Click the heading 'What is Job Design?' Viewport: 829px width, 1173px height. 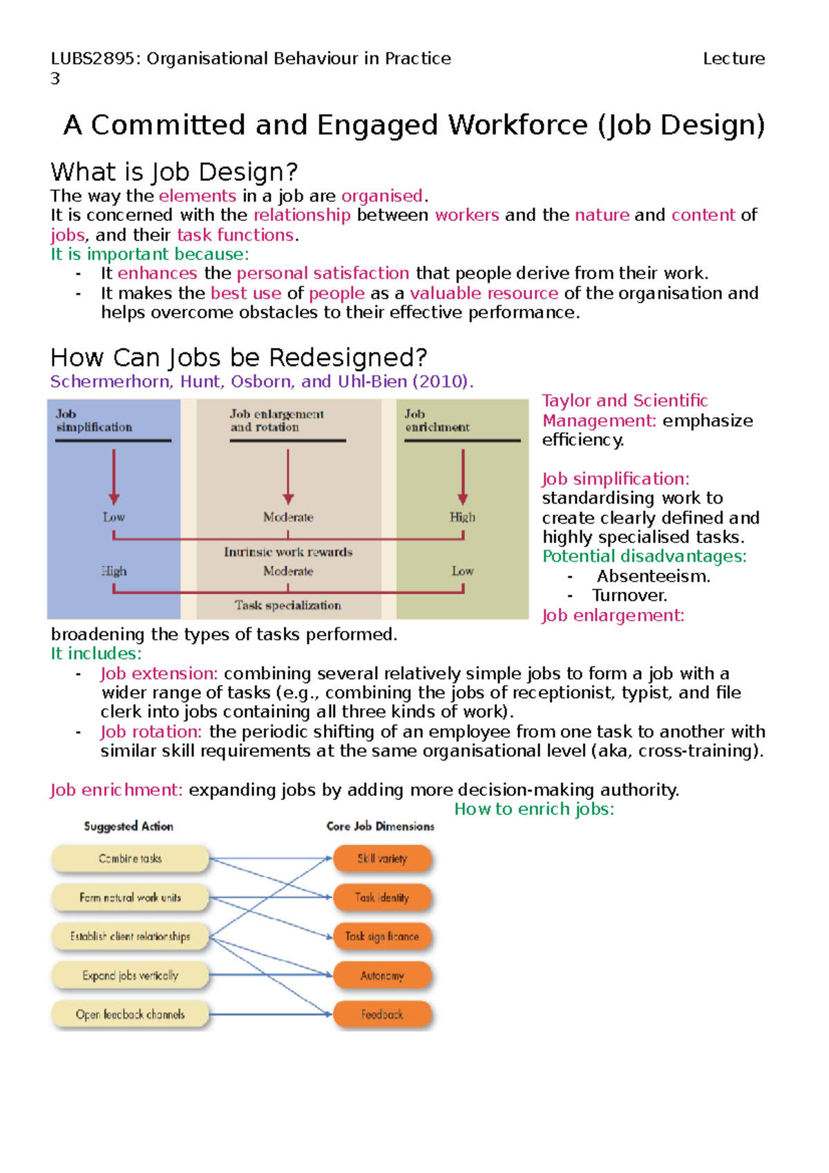pyautogui.click(x=173, y=171)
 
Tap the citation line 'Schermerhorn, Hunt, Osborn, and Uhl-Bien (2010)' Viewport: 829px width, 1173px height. pyautogui.click(x=261, y=381)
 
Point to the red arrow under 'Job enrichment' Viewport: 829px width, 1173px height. pyautogui.click(x=462, y=477)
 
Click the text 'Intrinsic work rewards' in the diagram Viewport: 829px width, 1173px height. pyautogui.click(x=288, y=552)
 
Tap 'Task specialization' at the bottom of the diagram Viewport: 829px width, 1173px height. pyautogui.click(x=287, y=605)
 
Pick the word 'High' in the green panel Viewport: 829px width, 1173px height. pyautogui.click(x=462, y=517)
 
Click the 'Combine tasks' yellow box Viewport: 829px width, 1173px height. pyautogui.click(x=130, y=859)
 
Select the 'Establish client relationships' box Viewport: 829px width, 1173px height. pyautogui.click(x=130, y=937)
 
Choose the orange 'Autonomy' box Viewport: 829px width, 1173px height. pyautogui.click(x=382, y=975)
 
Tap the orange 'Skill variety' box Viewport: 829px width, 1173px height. pyautogui.click(x=382, y=859)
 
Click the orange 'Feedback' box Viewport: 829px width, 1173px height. pyautogui.click(x=382, y=1014)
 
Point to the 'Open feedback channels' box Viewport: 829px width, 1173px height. pyautogui.click(x=130, y=1014)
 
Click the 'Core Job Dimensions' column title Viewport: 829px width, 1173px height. pyautogui.click(x=380, y=826)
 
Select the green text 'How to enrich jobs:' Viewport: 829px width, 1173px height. pyautogui.click(x=534, y=809)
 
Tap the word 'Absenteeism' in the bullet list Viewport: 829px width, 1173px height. pyautogui.click(x=652, y=576)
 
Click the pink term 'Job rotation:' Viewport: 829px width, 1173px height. pyautogui.click(x=151, y=732)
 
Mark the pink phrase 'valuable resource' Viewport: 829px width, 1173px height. pyautogui.click(x=484, y=293)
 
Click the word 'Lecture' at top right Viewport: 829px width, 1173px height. pyautogui.click(x=734, y=59)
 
